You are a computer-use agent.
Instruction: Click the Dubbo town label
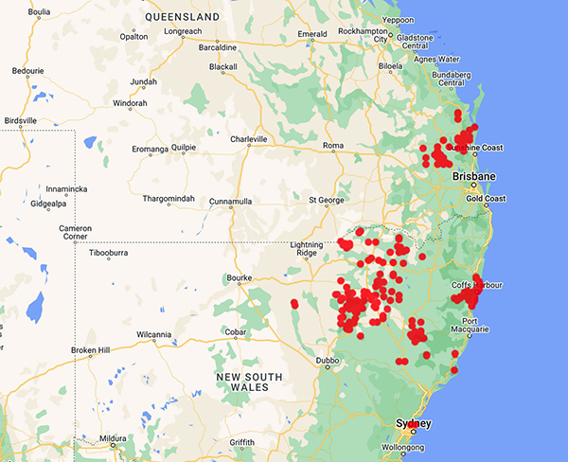[x=328, y=360]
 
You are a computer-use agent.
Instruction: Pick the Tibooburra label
[x=113, y=254]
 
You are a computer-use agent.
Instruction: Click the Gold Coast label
[x=488, y=199]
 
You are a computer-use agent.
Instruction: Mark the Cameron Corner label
[x=75, y=233]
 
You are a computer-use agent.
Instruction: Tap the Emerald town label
[x=311, y=34]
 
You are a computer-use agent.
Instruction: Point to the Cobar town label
[x=238, y=332]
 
